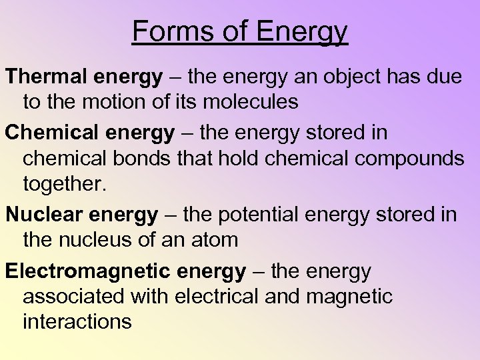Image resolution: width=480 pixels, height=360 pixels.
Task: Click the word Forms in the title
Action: click(169, 31)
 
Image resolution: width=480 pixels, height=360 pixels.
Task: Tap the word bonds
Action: click(154, 159)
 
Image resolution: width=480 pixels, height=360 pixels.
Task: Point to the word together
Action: click(64, 184)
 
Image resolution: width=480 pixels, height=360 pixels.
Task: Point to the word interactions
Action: click(77, 321)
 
